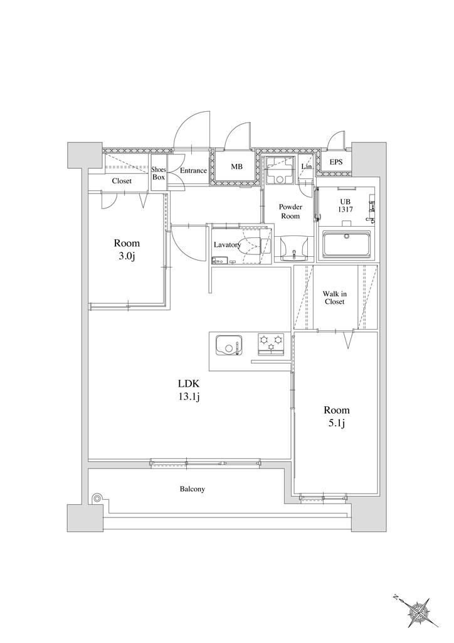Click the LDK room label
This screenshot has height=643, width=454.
tap(188, 384)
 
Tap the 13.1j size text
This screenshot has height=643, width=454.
tap(188, 397)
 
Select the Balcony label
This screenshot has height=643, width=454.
tap(193, 489)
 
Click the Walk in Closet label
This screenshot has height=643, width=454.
tap(334, 298)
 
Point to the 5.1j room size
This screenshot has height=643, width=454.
tap(337, 423)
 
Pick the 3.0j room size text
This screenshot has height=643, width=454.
tap(127, 257)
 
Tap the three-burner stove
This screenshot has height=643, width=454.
tap(271, 345)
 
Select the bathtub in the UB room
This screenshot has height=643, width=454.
tap(347, 244)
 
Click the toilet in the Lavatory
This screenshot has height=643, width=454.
tap(251, 245)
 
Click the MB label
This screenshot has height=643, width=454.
tap(236, 167)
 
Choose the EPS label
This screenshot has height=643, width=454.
tap(336, 163)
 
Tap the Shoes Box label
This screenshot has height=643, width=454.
tap(159, 173)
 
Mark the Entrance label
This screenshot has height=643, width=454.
tap(194, 171)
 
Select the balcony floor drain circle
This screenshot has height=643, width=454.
tap(97, 498)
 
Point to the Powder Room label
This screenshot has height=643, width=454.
tap(291, 212)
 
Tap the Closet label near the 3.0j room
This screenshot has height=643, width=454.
tap(122, 181)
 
